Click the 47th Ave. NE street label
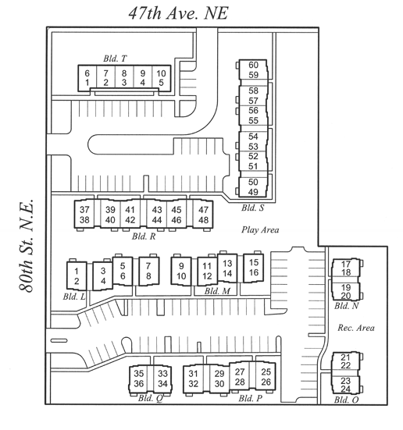point(178,13)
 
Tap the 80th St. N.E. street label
point(27,246)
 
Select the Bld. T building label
point(115,59)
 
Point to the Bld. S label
point(252,208)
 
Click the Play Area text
point(260,229)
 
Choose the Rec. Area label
point(356,328)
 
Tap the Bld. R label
point(144,236)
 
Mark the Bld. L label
point(74,297)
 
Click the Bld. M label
point(217,291)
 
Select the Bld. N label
point(346,305)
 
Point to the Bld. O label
point(346,400)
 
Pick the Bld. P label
point(251,398)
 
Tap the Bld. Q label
point(150,398)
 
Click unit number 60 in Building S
point(253,65)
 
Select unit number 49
point(253,192)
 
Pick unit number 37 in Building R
point(84,209)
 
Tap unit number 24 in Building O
point(346,389)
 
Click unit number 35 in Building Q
point(139,373)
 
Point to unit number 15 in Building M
point(254,262)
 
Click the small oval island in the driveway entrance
point(59,340)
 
